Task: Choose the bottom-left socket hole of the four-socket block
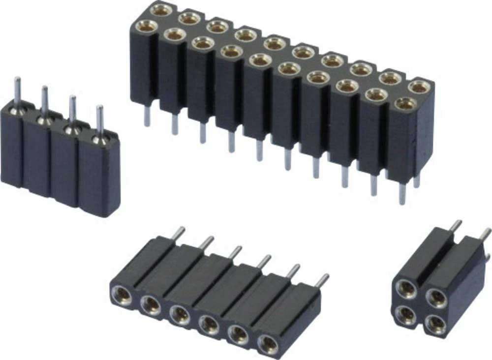[x=406, y=315]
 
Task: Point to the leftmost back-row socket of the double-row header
[x=162, y=9]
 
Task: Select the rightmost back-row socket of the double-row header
[x=419, y=87]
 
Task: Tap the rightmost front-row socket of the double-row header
[x=404, y=104]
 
